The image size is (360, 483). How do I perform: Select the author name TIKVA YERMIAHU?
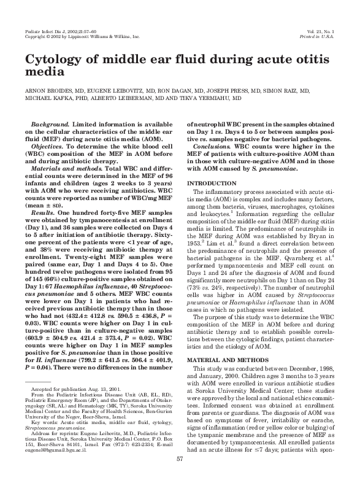point(217,98)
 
